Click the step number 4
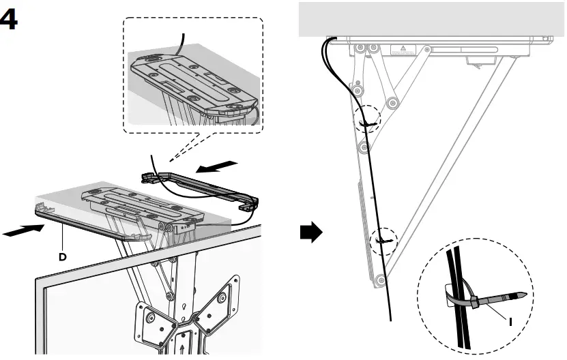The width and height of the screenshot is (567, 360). click(x=10, y=20)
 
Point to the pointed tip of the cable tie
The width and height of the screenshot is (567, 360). click(x=524, y=295)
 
